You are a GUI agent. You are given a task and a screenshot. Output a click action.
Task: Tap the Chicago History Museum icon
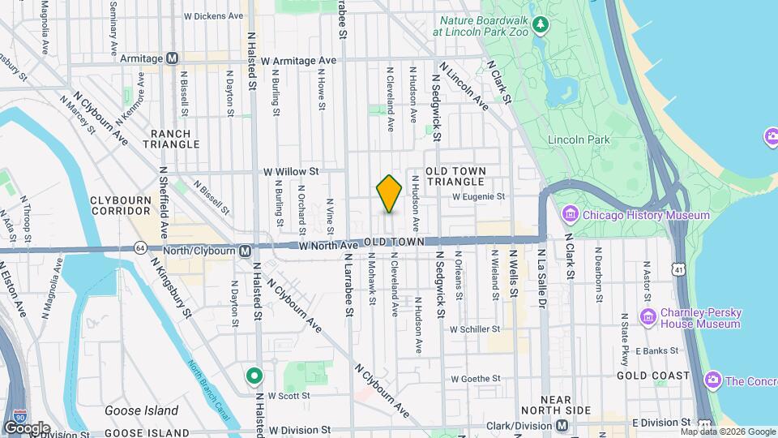[x=571, y=215]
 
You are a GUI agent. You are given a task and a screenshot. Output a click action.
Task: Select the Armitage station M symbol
[x=172, y=58]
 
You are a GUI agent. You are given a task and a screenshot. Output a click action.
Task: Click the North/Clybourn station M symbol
[x=244, y=251]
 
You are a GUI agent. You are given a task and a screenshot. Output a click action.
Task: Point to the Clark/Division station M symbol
[x=562, y=426]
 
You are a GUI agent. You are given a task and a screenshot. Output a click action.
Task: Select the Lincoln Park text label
[x=579, y=140]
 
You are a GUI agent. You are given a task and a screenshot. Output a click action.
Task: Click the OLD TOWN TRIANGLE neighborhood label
[x=455, y=176]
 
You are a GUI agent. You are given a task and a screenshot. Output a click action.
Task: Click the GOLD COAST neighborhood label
[x=652, y=376]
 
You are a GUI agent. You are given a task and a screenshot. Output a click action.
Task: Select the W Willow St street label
[x=292, y=172]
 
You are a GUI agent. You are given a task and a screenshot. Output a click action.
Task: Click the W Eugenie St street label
[x=478, y=196]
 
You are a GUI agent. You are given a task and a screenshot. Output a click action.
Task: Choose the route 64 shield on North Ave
[x=141, y=247]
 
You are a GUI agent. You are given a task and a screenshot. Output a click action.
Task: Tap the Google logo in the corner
[x=26, y=427]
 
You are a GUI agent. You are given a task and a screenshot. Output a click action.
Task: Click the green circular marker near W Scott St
[x=254, y=376]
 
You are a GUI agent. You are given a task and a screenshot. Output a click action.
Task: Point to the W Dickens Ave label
[x=213, y=15]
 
